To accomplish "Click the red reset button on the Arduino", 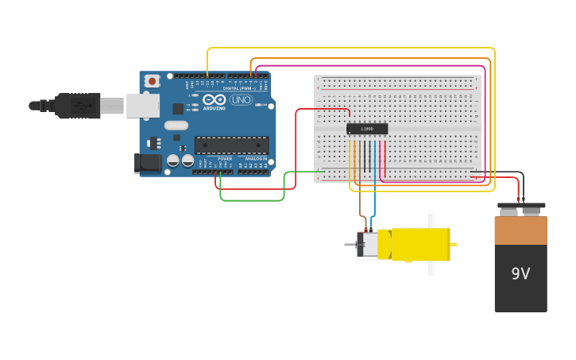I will [x=151, y=81].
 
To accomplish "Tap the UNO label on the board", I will [x=241, y=100].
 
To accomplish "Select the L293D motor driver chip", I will [x=367, y=129].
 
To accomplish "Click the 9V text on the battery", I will [x=520, y=274].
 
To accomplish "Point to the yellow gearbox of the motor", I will [x=420, y=244].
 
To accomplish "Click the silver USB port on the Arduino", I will [x=142, y=105].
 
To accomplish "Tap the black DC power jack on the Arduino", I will [x=147, y=163].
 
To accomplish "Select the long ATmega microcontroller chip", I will [x=231, y=145].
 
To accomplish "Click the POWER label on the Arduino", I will [x=225, y=158].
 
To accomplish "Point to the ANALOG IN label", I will [x=256, y=158].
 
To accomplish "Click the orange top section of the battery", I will [x=520, y=230].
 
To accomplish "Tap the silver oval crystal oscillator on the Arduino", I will [x=176, y=126].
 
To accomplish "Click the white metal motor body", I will [x=369, y=245].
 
